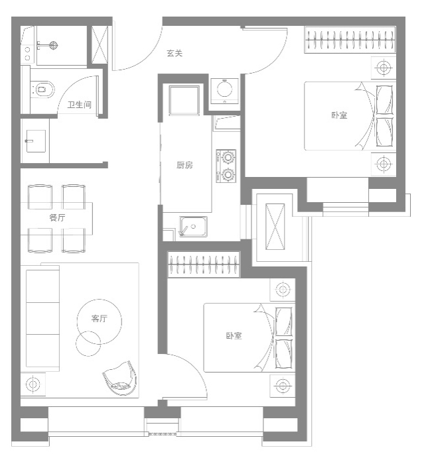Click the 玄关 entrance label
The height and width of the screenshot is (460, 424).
pyautogui.click(x=175, y=54)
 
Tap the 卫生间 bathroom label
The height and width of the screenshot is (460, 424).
pyautogui.click(x=79, y=105)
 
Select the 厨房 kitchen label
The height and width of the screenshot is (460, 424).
pyautogui.click(x=184, y=165)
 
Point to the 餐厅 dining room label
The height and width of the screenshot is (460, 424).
pyautogui.click(x=57, y=217)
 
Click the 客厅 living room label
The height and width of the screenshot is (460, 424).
pyautogui.click(x=100, y=318)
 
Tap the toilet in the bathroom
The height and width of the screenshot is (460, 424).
pyautogui.click(x=43, y=89)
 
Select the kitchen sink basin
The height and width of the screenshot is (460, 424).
pyautogui.click(x=193, y=227)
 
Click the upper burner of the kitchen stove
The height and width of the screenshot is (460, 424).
pyautogui.click(x=228, y=157)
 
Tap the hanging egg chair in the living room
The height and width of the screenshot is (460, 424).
pyautogui.click(x=120, y=378)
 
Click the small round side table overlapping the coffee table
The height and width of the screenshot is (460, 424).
pyautogui.click(x=88, y=343)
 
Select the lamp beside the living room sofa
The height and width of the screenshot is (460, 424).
pyautogui.click(x=33, y=384)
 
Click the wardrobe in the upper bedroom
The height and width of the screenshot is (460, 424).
pyautogui.click(x=350, y=40)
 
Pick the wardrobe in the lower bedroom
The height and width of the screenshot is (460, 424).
pyautogui.click(x=204, y=264)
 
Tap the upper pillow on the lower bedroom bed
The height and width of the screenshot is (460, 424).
pyautogui.click(x=284, y=321)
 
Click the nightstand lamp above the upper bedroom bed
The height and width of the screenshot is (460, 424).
pyautogui.click(x=383, y=68)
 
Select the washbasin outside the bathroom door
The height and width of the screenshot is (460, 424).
pyautogui.click(x=36, y=141)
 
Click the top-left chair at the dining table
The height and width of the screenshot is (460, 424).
pyautogui.click(x=40, y=197)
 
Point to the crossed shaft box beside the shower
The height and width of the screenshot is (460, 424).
pyautogui.click(x=100, y=44)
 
